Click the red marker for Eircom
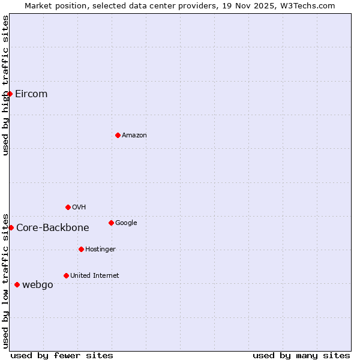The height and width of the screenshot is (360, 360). tap(10, 94)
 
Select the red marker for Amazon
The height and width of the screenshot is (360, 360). tap(118, 135)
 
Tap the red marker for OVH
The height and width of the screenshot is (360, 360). tap(68, 207)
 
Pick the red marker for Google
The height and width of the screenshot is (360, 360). tap(111, 223)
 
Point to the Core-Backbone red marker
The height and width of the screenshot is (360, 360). tap(11, 227)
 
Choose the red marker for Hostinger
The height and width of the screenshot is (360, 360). tap(81, 249)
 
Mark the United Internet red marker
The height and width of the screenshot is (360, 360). tap(66, 275)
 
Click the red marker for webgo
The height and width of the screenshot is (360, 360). tap(17, 284)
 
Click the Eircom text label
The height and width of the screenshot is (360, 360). tap(31, 94)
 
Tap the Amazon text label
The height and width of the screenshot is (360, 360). tap(134, 135)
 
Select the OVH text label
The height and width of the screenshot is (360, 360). tap(79, 207)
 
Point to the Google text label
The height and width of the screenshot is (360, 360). tap(126, 223)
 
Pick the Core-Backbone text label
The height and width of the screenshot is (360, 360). tap(53, 227)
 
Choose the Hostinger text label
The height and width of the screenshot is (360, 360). tap(100, 249)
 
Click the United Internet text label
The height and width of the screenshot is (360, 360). tap(95, 275)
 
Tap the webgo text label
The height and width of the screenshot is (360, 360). tap(38, 284)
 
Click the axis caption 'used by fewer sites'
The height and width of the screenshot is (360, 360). tap(62, 355)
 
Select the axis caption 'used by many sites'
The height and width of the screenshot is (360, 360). tap(301, 355)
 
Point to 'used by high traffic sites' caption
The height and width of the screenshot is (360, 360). tap(5, 85)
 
